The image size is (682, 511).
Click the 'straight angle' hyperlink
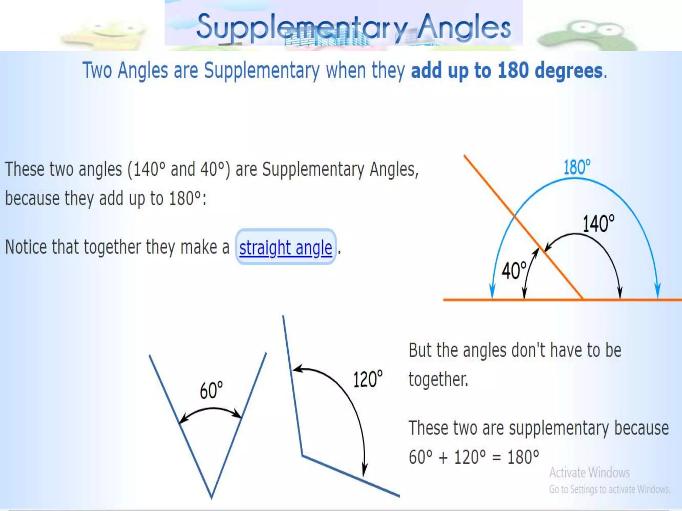(x=285, y=248)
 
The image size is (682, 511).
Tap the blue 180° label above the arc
(x=577, y=167)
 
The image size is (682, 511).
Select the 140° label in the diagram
(x=598, y=224)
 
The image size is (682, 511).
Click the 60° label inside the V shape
(x=211, y=390)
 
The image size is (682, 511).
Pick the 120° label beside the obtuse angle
(x=368, y=379)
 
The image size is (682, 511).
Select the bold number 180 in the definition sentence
(x=513, y=71)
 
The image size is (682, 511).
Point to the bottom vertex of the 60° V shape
(x=211, y=498)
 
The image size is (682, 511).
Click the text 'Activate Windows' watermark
(x=589, y=472)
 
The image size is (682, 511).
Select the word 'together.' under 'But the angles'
(x=438, y=379)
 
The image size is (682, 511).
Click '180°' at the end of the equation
(x=523, y=457)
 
